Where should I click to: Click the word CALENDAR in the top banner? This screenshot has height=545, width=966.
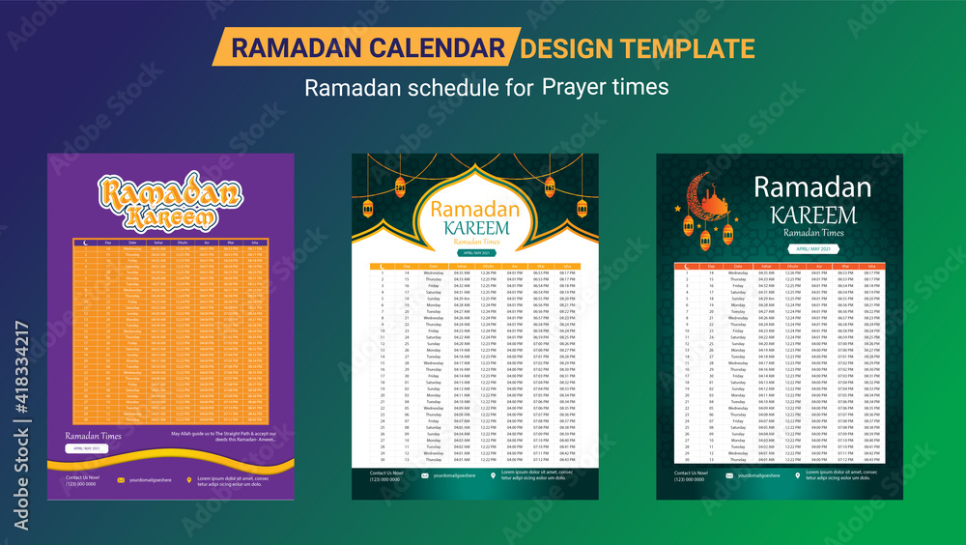[x=440, y=47]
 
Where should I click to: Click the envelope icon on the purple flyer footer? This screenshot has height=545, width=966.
[x=121, y=479]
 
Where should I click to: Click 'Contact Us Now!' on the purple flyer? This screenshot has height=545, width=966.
[x=81, y=476]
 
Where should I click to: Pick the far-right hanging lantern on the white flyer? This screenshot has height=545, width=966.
[x=582, y=208]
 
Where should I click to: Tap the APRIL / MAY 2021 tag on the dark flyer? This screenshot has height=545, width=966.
[x=812, y=249]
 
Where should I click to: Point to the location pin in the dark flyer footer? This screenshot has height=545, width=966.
[x=797, y=475]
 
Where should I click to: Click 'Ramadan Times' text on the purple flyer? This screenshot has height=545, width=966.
[x=95, y=436]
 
